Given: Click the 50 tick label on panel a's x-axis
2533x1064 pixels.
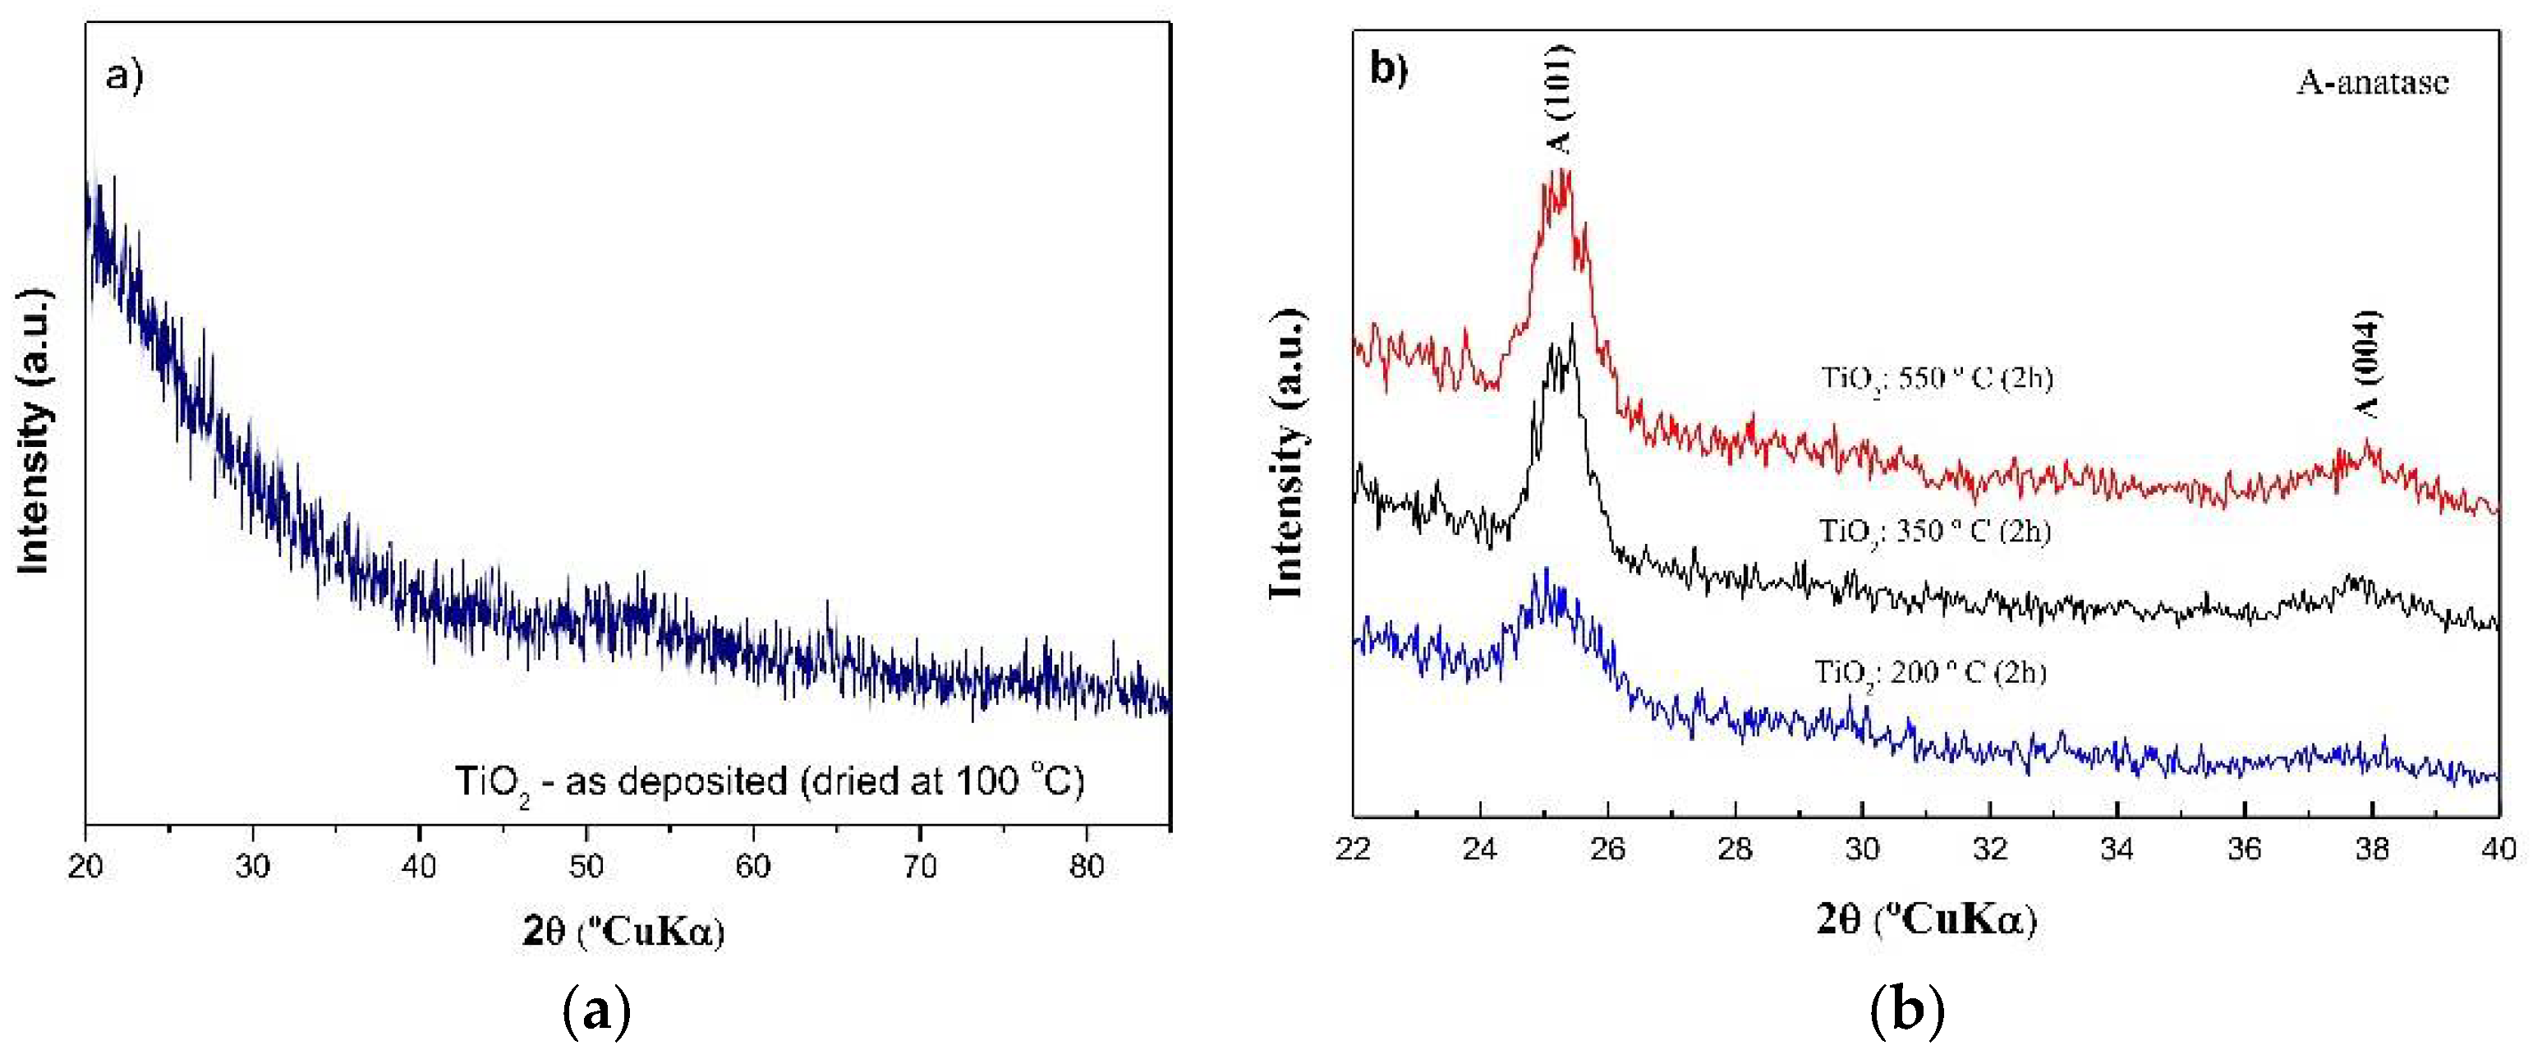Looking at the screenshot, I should pyautogui.click(x=586, y=866).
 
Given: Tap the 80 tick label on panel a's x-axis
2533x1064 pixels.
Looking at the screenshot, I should pyautogui.click(x=1087, y=866).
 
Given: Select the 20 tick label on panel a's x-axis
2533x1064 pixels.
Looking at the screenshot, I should pyautogui.click(x=86, y=866).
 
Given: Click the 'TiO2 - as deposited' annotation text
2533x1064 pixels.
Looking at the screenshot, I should pyautogui.click(x=769, y=783).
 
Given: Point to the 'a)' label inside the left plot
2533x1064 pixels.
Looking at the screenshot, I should pyautogui.click(x=125, y=75).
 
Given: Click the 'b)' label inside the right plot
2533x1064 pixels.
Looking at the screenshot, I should pyautogui.click(x=1388, y=68).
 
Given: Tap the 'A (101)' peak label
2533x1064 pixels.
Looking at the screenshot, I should pyautogui.click(x=1560, y=99).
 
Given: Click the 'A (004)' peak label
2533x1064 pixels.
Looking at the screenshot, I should pyautogui.click(x=2368, y=364).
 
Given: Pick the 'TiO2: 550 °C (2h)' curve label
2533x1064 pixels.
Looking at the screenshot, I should pyautogui.click(x=1936, y=379).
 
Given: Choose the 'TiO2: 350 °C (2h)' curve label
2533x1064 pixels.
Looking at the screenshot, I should pyautogui.click(x=1934, y=532).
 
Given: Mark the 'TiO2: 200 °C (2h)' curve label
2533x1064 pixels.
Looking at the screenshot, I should pyautogui.click(x=1930, y=674).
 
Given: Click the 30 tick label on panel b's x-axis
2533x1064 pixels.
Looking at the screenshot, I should pyautogui.click(x=1863, y=849).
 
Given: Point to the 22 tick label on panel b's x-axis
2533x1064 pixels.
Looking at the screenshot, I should pyautogui.click(x=1354, y=849).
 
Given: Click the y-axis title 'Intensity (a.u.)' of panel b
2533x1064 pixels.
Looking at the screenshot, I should pyautogui.click(x=1287, y=454).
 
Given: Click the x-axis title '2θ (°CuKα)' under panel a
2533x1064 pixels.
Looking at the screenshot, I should pyautogui.click(x=623, y=930).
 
